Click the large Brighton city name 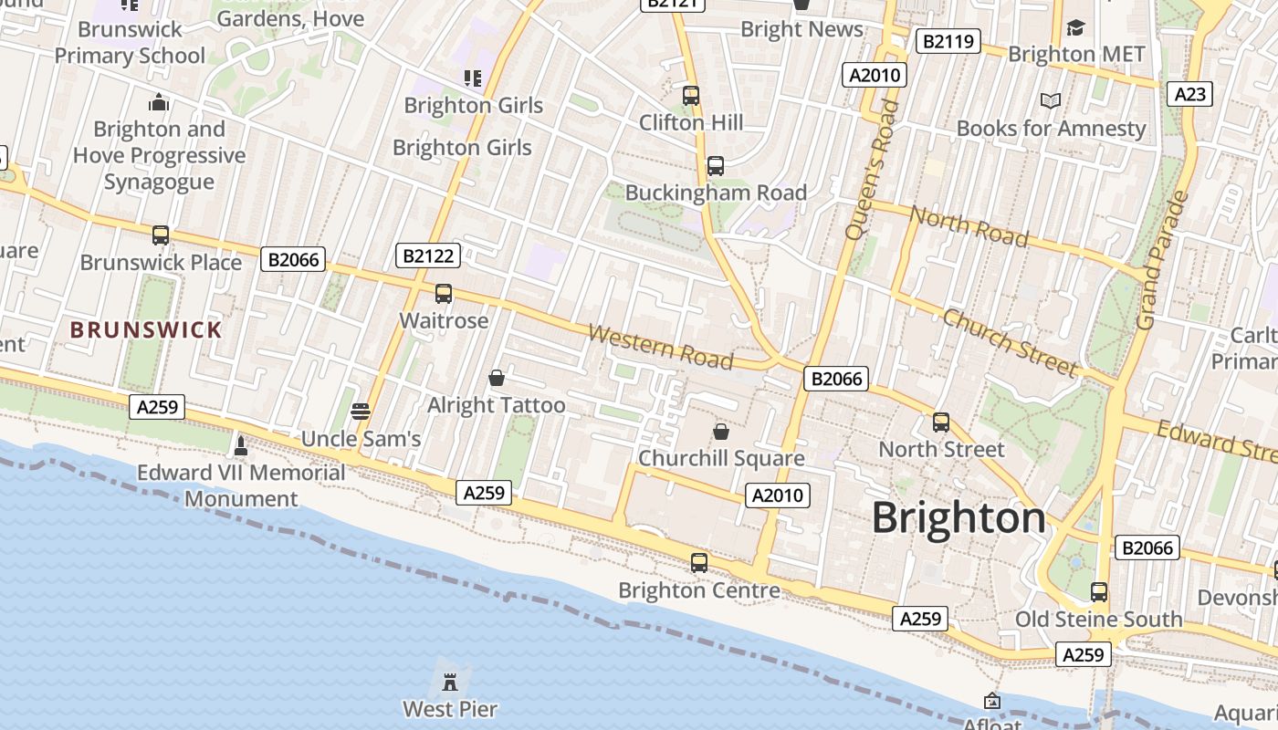coord(958,518)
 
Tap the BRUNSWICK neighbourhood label coord(146,329)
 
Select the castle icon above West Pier coord(450,681)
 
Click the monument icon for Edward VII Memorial coord(241,445)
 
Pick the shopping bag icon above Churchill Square coord(721,431)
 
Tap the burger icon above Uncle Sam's coord(361,412)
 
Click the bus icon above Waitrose coord(444,294)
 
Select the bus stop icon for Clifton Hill coord(691,95)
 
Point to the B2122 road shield coord(428,255)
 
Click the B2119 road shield coord(948,41)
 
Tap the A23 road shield coord(1190,94)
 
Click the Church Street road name coord(1010,343)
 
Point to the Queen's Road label coord(873,170)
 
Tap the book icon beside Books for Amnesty coord(1051,100)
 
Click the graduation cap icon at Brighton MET coord(1075,27)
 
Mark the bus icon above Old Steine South coord(1099,591)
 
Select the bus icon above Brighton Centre coord(699,563)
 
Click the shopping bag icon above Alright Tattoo coord(497,378)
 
